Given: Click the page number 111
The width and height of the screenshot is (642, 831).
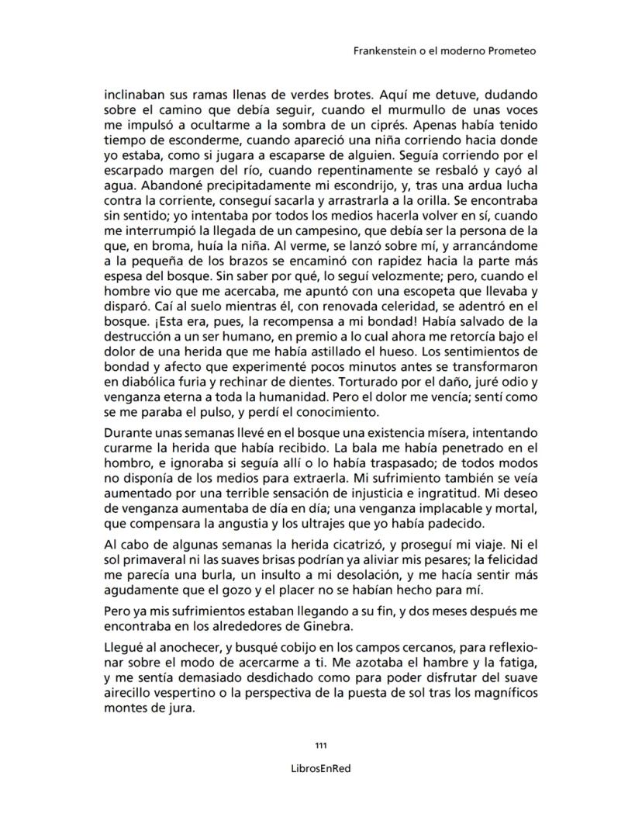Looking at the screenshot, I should (321, 746).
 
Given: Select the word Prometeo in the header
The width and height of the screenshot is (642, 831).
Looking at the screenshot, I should (513, 52).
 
